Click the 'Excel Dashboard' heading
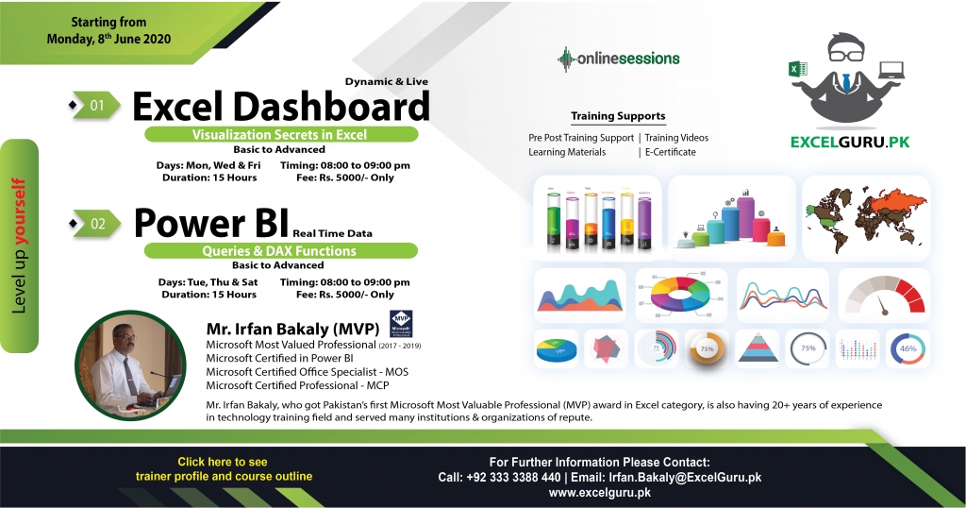280,107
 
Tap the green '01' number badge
98,105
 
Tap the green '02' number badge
98,224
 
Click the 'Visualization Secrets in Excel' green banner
280,135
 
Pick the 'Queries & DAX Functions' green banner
280,251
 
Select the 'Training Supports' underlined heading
618,116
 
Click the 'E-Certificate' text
670,152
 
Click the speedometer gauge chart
884,296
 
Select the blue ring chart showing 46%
908,348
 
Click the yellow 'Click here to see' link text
223,462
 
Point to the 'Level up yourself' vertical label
19,244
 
